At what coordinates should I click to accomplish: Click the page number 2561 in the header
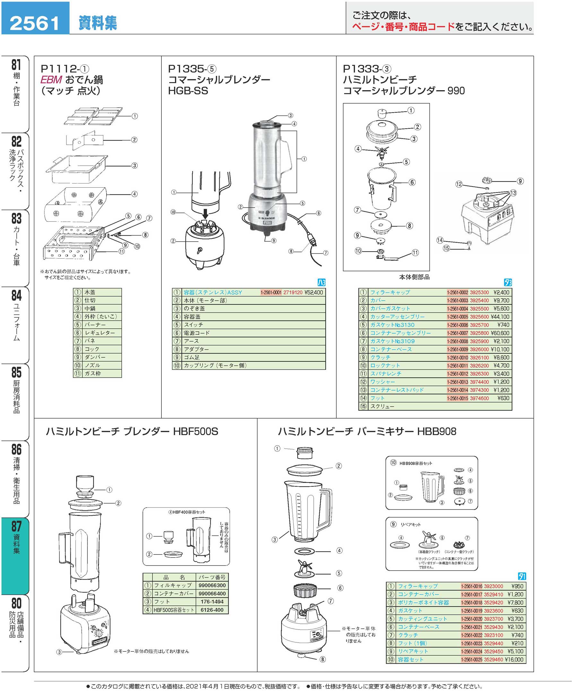click(35, 23)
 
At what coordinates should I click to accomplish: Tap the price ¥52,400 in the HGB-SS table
click(313, 292)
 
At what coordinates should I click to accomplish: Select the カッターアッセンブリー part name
click(397, 317)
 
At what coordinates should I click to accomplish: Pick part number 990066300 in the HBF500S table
click(212, 585)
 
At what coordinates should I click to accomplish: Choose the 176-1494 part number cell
click(212, 601)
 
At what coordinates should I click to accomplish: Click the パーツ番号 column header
click(212, 577)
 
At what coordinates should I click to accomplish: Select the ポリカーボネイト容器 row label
click(423, 603)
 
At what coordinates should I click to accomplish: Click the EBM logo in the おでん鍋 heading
click(51, 80)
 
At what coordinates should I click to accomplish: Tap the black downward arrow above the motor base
click(205, 214)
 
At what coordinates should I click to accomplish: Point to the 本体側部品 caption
click(414, 277)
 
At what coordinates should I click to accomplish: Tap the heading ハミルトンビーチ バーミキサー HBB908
click(367, 432)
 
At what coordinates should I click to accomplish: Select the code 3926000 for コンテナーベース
click(479, 349)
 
